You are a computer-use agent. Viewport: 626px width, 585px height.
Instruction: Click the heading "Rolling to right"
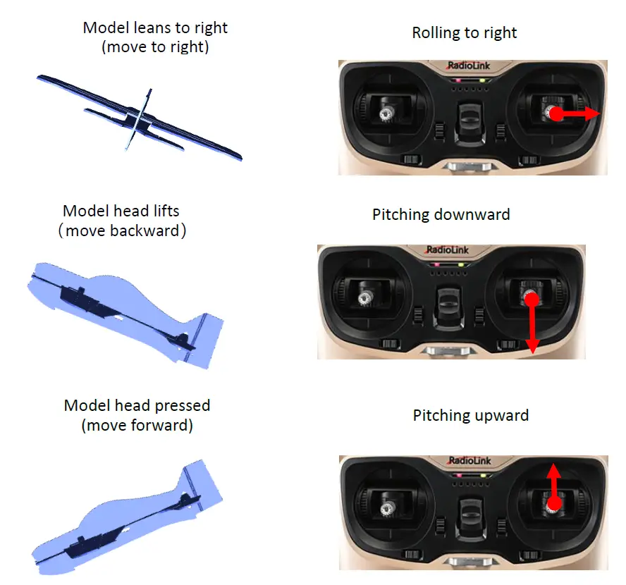pyautogui.click(x=464, y=33)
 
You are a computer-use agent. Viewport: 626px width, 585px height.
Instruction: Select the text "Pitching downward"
pyautogui.click(x=441, y=214)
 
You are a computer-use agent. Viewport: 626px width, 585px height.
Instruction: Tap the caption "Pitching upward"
pyautogui.click(x=470, y=415)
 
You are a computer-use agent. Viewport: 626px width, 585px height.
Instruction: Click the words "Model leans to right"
pyautogui.click(x=155, y=28)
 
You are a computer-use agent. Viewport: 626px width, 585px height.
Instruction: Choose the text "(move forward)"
pyautogui.click(x=137, y=425)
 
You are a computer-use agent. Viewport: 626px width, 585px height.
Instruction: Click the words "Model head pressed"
pyautogui.click(x=137, y=406)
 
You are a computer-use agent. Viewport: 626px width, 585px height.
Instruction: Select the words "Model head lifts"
pyautogui.click(x=121, y=211)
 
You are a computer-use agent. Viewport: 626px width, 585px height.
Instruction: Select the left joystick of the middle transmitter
pyautogui.click(x=365, y=300)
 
